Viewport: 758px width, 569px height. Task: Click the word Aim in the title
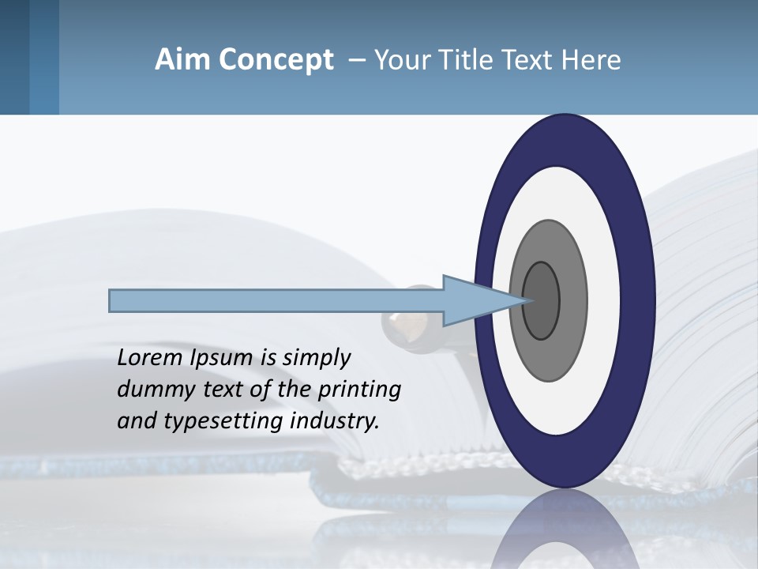pyautogui.click(x=181, y=60)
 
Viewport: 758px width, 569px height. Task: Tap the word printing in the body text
pyautogui.click(x=358, y=390)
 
